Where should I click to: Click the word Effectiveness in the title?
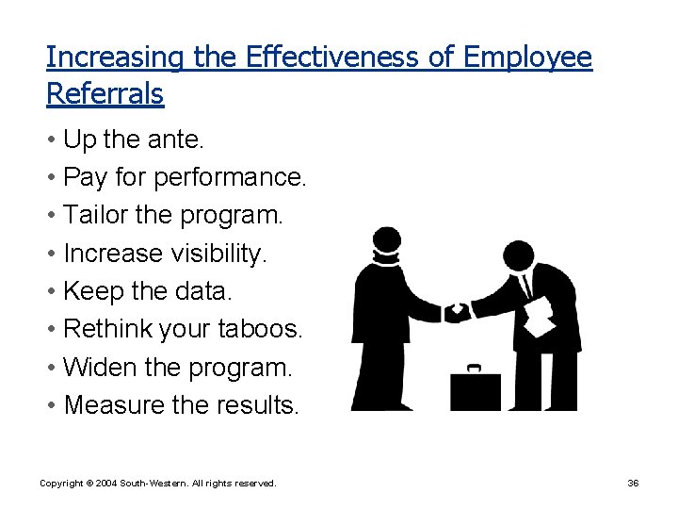point(331,57)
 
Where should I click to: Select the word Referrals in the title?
point(105,93)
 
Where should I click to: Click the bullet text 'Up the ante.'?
point(133,140)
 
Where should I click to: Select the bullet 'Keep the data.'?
point(146,291)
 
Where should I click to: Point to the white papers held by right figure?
point(540,317)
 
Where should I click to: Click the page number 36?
point(633,483)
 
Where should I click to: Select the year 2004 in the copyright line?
point(104,483)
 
